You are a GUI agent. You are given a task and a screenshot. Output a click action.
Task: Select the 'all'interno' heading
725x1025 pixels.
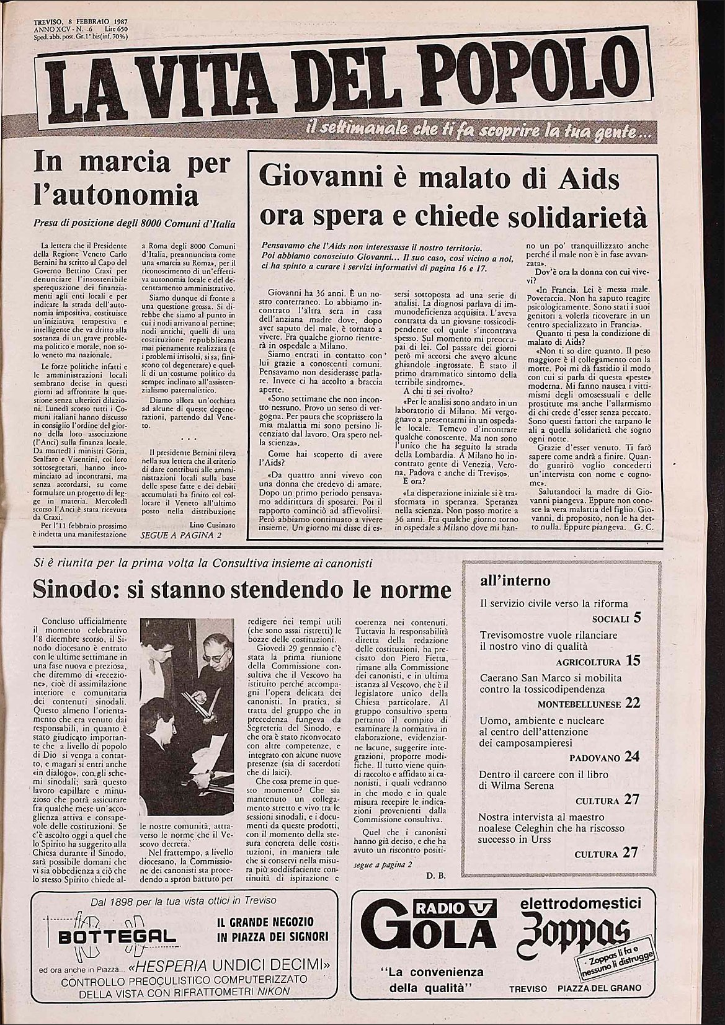coord(515,580)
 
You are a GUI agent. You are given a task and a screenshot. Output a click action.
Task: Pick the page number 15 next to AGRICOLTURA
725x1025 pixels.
coord(633,660)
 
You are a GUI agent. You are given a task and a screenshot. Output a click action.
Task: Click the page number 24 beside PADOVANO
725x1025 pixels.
coord(631,757)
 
